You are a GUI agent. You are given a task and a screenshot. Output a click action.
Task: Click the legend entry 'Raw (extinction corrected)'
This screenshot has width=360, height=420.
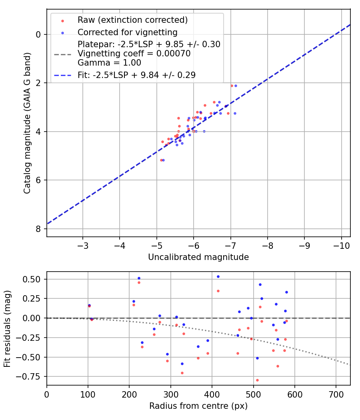click(132, 20)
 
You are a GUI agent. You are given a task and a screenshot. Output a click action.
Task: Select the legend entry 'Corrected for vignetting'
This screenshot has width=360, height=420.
click(128, 32)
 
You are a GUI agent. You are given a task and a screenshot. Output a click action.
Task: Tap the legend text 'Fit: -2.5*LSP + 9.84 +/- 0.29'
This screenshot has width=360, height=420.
click(136, 75)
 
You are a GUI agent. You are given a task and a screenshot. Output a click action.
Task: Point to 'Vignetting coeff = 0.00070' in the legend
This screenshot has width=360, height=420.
click(134, 54)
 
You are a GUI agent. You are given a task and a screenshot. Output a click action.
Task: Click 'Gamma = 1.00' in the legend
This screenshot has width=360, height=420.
click(109, 63)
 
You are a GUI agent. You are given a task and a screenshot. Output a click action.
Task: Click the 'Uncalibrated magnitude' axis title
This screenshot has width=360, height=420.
click(198, 257)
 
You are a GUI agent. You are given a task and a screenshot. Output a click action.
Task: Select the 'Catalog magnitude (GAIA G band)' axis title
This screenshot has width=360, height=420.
click(27, 124)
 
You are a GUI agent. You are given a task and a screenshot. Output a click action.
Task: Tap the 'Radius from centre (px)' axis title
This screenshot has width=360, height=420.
click(198, 406)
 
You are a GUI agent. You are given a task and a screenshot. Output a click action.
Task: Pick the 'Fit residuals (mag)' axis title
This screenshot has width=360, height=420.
click(8, 328)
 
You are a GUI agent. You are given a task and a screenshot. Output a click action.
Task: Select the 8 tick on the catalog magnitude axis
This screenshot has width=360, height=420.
click(38, 229)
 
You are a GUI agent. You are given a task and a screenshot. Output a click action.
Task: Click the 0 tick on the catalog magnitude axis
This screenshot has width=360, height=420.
click(38, 34)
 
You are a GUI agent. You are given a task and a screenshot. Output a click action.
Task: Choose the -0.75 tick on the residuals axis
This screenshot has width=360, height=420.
click(31, 376)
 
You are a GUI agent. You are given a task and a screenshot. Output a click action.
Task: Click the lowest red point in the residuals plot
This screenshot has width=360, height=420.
click(257, 380)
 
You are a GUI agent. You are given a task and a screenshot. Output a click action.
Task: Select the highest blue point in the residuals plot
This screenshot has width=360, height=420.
click(218, 276)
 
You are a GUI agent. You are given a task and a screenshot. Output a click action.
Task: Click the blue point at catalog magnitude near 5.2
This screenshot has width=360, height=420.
click(163, 160)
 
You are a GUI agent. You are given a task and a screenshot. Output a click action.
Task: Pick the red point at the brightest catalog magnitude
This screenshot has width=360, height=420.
click(232, 86)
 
